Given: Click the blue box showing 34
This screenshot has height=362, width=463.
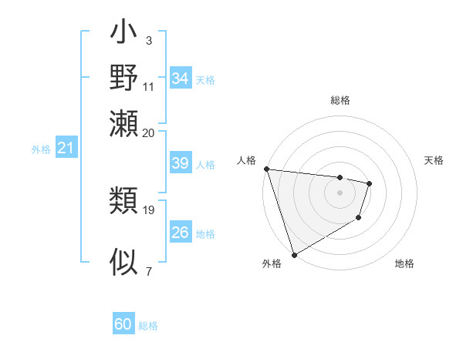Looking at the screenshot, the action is point(181,79).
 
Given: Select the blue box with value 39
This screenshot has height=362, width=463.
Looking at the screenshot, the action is point(181,163).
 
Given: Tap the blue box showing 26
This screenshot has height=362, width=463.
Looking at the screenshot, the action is point(181,233).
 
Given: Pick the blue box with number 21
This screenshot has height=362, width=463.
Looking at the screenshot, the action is point(66,149).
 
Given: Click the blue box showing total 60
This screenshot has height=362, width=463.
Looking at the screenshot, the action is point(123,324).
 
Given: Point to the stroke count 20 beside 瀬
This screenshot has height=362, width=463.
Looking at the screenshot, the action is point(149,132).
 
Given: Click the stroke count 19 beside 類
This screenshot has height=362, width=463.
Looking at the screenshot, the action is point(149,209).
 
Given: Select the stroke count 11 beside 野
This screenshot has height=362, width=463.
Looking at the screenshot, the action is point(149,86).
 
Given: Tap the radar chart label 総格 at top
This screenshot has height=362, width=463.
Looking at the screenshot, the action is point(340,100).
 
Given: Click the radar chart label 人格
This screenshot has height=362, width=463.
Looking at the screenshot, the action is point(247,160).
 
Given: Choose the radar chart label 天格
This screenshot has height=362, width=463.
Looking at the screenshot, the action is point(434,160).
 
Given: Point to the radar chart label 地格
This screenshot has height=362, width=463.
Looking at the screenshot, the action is point(404,263).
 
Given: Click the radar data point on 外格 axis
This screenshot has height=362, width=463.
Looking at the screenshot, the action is point(294,255).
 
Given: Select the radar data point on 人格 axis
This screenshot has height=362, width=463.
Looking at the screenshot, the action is point(266,169).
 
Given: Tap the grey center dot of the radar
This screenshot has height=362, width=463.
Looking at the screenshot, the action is point(340,193).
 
